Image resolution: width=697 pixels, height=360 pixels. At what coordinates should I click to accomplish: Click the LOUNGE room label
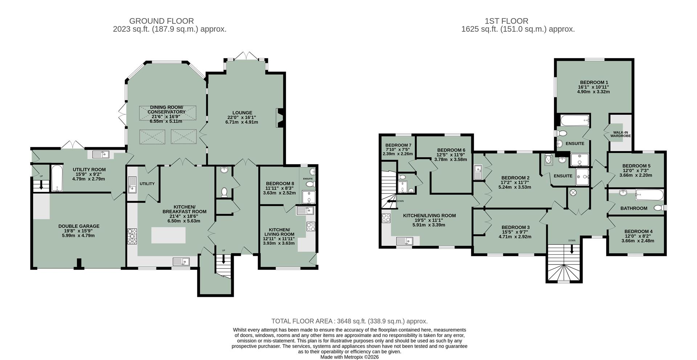pyautogui.click(x=242, y=113)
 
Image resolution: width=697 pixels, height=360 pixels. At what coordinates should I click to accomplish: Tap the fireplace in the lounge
pyautogui.click(x=280, y=118)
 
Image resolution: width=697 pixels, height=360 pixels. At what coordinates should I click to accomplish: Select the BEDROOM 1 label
pyautogui.click(x=594, y=82)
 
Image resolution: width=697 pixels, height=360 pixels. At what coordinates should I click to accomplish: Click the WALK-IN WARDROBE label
pyautogui.click(x=620, y=134)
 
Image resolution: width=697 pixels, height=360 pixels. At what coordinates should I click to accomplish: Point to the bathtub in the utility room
pyautogui.click(x=57, y=178)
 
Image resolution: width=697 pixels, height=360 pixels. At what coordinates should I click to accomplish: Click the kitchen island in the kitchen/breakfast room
pyautogui.click(x=168, y=235)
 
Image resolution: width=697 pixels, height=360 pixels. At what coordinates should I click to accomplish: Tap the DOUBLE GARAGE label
pyautogui.click(x=79, y=226)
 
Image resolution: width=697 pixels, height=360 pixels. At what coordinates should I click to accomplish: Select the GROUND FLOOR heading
pyautogui.click(x=162, y=21)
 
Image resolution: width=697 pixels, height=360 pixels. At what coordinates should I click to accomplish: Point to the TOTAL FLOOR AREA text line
pyautogui.click(x=349, y=321)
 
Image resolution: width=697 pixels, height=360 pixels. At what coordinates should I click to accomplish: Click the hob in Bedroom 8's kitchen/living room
pyautogui.click(x=311, y=227)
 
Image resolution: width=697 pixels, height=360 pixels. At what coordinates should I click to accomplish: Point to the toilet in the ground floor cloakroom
pyautogui.click(x=224, y=191)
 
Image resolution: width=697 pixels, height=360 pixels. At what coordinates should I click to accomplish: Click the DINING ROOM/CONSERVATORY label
pyautogui.click(x=167, y=109)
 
